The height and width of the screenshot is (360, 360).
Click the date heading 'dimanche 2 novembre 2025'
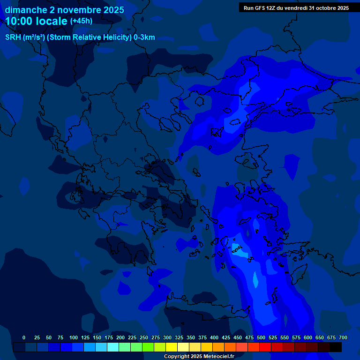coord(64,10)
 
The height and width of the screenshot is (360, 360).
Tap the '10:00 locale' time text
coord(37,22)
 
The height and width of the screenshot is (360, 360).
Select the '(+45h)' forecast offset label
coord(81,21)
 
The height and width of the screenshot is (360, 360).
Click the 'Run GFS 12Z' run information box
coord(296,8)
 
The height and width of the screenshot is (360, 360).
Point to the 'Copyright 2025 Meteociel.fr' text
coord(199,356)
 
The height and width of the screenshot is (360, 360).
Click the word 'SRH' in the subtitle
coord(13,37)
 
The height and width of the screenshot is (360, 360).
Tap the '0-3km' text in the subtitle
coord(144,37)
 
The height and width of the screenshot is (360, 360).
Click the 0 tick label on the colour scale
coord(24,337)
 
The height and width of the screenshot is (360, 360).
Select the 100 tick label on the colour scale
coord(74,337)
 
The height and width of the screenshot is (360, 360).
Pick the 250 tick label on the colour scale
coord(144,337)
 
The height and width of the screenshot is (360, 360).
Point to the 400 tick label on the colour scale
coord(214,337)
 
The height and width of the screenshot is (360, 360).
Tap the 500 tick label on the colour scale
coord(261,337)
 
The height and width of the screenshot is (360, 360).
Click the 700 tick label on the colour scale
coord(343,337)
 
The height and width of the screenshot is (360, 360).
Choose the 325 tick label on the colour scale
coord(179,337)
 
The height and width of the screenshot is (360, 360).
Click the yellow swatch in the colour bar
coord(172,347)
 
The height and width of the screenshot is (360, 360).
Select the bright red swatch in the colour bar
coord(265,347)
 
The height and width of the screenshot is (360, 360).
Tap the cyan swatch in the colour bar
coord(113,347)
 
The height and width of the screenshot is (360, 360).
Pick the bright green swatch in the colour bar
coord(148,347)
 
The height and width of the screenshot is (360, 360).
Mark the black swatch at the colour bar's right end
coord(336,347)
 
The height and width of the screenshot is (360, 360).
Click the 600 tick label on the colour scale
coord(308,337)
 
